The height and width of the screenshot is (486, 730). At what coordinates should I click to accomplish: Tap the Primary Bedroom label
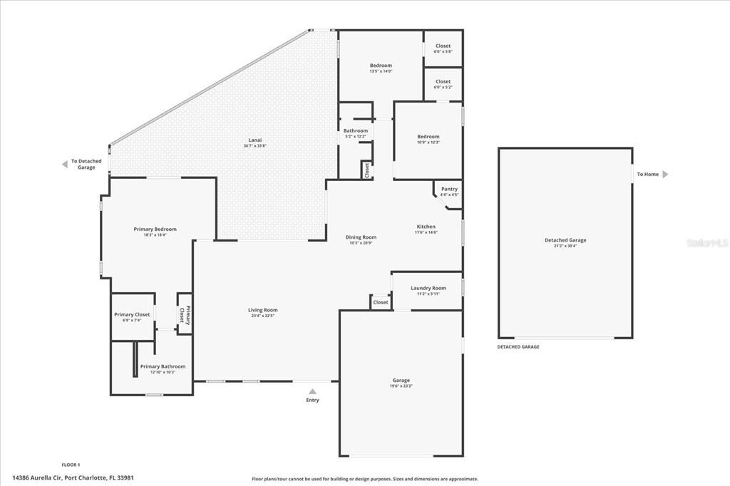(x=155, y=229)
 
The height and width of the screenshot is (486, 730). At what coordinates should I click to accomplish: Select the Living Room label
(x=262, y=310)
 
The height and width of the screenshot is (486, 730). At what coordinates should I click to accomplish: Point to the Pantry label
(x=449, y=189)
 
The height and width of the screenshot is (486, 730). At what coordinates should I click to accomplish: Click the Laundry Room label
(x=428, y=288)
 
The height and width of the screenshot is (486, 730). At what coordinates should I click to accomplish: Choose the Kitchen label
(x=426, y=227)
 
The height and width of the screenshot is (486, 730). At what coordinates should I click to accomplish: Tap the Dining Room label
(x=362, y=237)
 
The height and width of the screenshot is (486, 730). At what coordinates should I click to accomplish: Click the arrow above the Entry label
(x=312, y=391)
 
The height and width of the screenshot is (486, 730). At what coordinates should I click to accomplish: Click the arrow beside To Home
(x=665, y=174)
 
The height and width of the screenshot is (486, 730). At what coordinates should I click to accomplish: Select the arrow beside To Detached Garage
(x=64, y=164)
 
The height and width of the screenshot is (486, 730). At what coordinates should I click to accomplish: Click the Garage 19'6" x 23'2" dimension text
(x=401, y=386)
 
